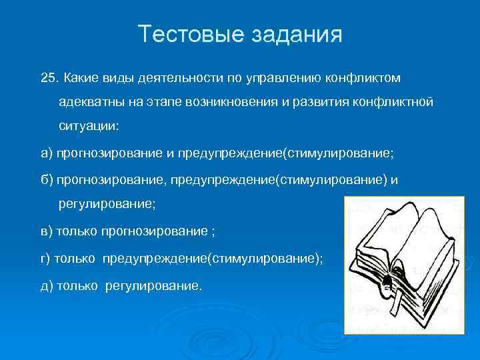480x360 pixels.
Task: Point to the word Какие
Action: [81, 79]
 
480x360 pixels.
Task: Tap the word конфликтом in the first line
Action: [363, 79]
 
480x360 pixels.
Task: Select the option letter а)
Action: [47, 153]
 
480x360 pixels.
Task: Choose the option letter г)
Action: [46, 259]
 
